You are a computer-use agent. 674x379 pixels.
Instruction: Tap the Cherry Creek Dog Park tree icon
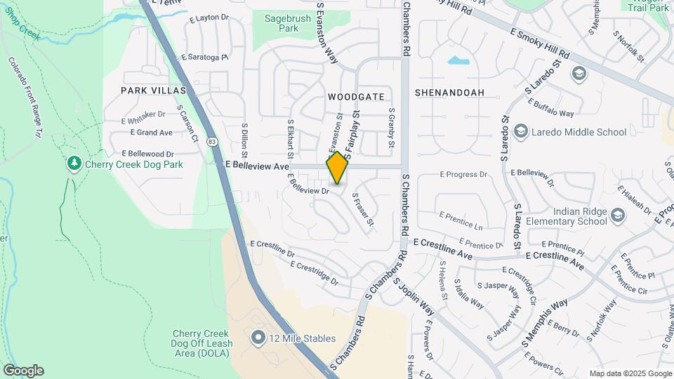point(74,164)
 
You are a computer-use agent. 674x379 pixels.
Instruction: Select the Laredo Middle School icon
point(520,131)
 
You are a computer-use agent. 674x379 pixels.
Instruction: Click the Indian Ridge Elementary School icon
point(617,214)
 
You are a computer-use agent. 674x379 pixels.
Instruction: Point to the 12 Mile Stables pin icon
point(258,338)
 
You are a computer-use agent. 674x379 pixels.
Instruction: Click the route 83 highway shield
point(213,142)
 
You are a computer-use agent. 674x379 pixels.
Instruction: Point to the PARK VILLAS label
point(153,91)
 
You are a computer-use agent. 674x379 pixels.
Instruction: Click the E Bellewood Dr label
point(147,153)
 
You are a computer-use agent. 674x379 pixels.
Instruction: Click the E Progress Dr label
point(463,173)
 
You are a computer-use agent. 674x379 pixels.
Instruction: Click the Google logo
point(23,371)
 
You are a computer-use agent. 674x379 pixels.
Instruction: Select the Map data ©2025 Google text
point(630,373)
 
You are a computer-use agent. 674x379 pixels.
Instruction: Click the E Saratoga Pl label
point(204,58)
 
